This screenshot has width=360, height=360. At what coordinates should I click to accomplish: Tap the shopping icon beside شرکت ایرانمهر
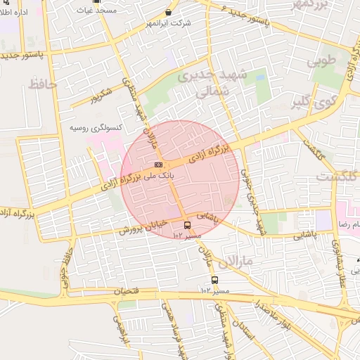(x=169, y=13)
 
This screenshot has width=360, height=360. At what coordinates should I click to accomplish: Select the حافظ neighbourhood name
(x=42, y=85)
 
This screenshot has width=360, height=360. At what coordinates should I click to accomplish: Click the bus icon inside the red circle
(x=188, y=225)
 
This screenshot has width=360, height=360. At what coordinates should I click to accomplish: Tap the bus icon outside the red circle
(x=205, y=281)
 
